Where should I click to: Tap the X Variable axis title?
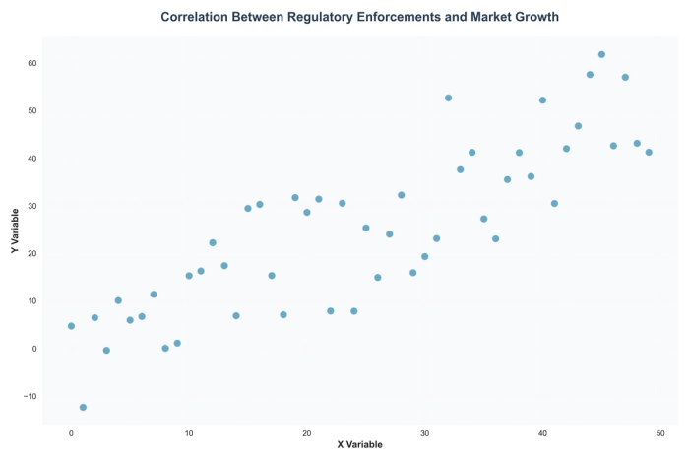(x=359, y=445)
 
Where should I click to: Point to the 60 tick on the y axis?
(x=32, y=63)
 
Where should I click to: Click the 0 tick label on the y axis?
(x=35, y=349)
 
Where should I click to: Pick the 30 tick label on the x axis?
(x=424, y=433)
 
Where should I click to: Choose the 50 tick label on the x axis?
(x=660, y=433)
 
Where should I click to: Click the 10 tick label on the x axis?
(x=189, y=433)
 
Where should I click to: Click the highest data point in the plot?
(x=601, y=54)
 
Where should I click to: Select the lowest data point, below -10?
(x=83, y=407)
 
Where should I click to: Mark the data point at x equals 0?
(x=71, y=326)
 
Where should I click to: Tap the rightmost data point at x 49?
(x=649, y=152)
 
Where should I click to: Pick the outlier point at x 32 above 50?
(x=448, y=98)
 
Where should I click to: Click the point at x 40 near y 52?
(x=542, y=100)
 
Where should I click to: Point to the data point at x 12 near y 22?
(x=213, y=242)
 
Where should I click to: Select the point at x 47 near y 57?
(x=625, y=77)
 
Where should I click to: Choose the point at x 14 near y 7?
(x=236, y=315)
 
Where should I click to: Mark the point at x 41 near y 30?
(x=554, y=203)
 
